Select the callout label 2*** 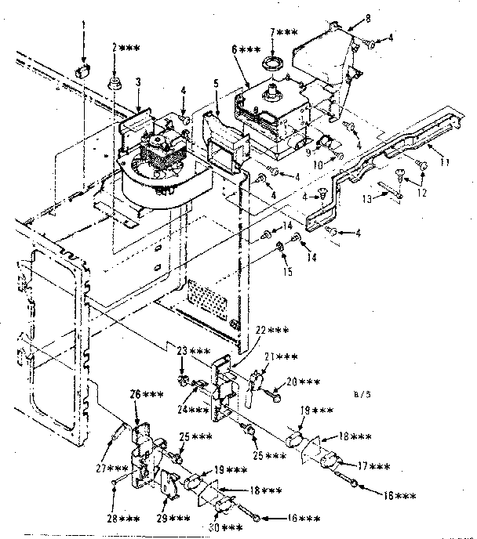pos(126,49)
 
